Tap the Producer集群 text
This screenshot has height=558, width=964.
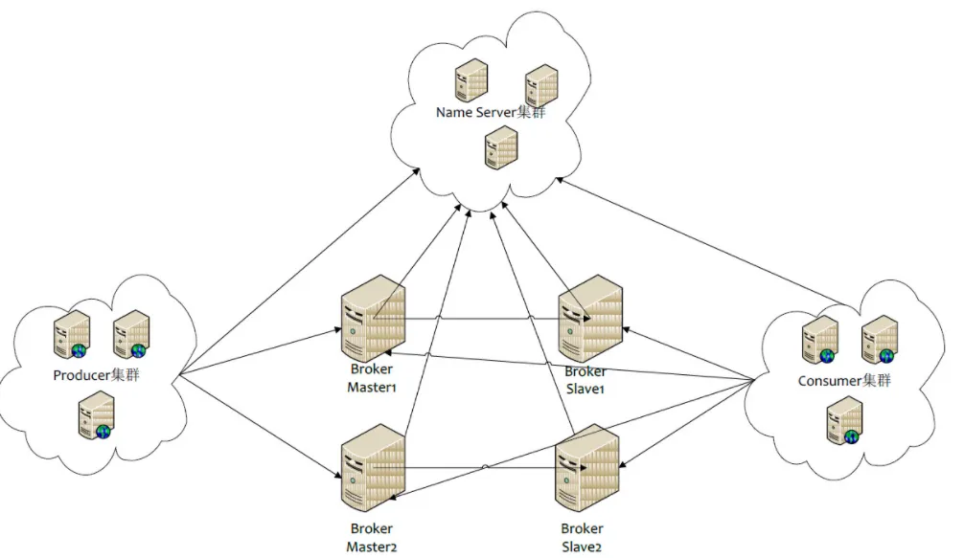coord(96,374)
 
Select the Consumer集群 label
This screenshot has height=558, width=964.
coord(844,380)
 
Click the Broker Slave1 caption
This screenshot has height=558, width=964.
coord(585,379)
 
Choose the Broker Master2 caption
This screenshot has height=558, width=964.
coord(370,538)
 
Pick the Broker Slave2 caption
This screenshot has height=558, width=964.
coord(584,538)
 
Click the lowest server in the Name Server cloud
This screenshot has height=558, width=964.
coord(500,148)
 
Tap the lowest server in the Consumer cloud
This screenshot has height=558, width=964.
coord(844,421)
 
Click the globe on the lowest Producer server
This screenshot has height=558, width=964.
coord(103,431)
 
